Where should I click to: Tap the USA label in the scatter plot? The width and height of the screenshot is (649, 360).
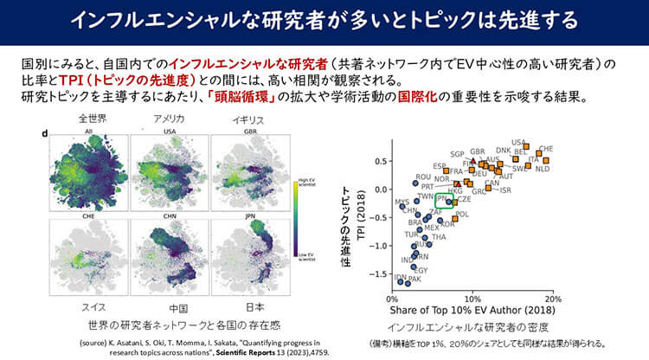point(519,143)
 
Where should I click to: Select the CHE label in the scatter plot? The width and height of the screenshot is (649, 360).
point(546,149)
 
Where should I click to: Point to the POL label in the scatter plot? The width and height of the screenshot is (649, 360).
point(461,214)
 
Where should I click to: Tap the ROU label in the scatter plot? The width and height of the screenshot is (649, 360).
point(423,177)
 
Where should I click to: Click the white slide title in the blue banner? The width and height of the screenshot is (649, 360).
point(324,21)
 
